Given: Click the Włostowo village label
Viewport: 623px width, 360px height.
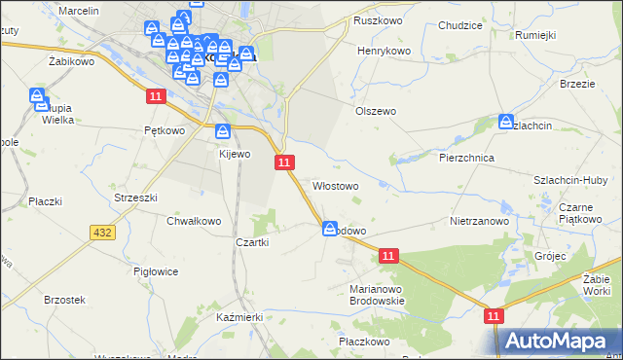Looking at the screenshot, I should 336,185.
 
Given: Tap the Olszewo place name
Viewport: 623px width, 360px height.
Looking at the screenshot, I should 375,111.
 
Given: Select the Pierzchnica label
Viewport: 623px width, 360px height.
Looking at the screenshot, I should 467,157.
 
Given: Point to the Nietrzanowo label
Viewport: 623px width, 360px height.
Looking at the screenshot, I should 480,221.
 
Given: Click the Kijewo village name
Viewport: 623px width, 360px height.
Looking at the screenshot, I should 235,154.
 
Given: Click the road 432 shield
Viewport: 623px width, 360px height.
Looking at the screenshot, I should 102,233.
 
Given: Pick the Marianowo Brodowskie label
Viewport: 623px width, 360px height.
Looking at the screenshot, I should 377,295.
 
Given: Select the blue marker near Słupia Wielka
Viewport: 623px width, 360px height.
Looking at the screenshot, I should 37,96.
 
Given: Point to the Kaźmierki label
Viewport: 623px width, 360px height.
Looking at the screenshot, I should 240,318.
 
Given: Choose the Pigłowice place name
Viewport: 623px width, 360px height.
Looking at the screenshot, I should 155,272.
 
